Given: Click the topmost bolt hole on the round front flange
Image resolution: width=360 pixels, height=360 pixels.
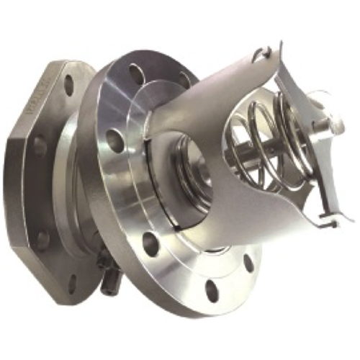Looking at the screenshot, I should pos(137,73).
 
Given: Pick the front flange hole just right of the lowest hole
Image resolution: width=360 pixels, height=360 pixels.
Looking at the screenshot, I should pos(248,263).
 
